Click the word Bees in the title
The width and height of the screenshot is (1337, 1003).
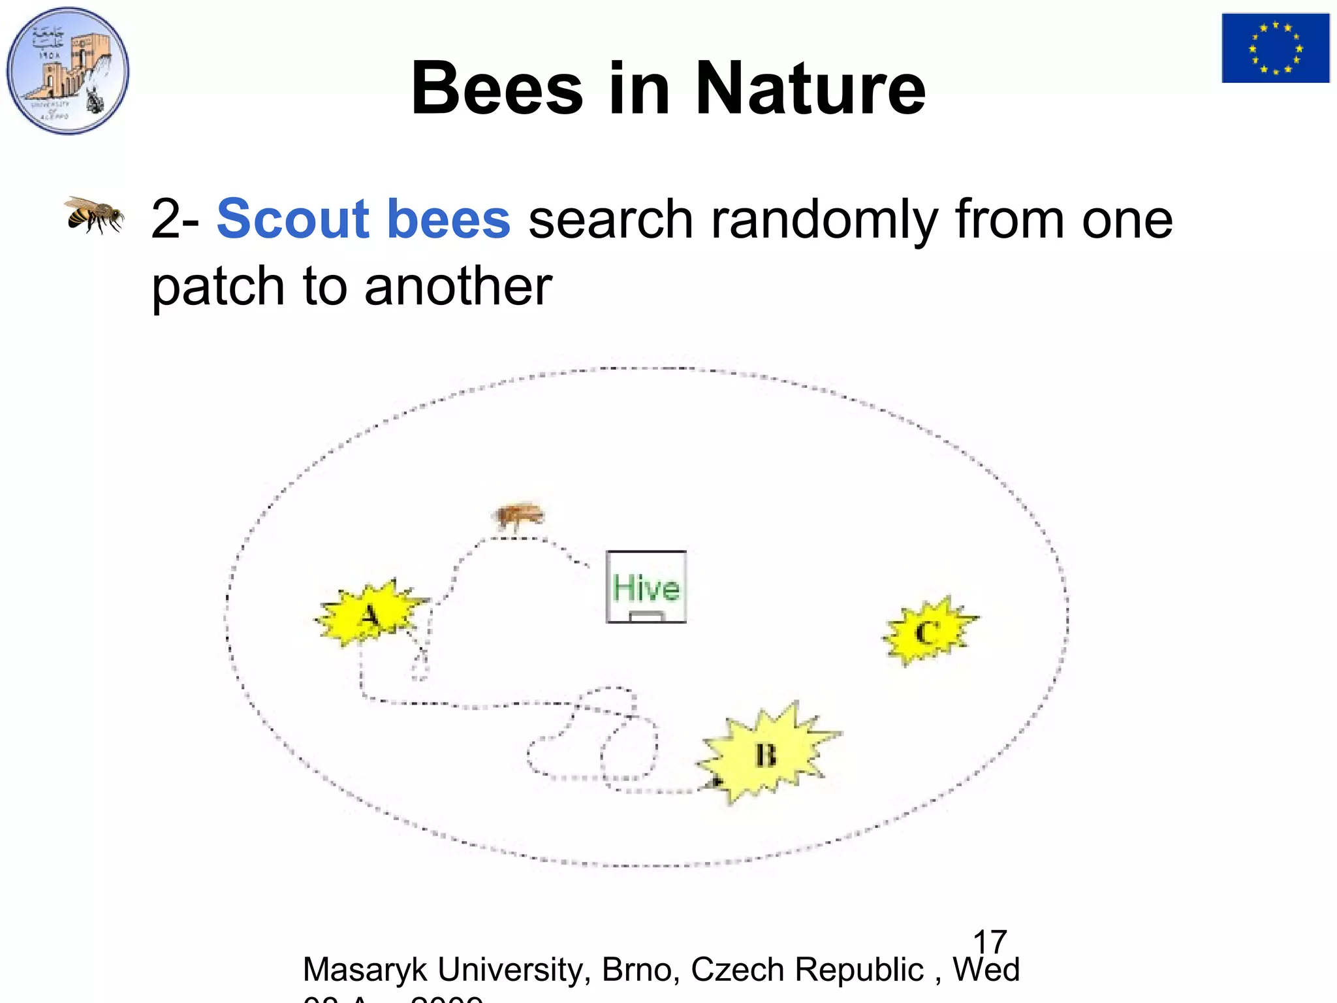(497, 89)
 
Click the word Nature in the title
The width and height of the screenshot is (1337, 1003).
(810, 89)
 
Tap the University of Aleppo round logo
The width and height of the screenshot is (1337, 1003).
(68, 71)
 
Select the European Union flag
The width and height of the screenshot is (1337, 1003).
(1275, 48)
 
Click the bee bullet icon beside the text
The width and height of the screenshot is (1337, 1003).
(94, 215)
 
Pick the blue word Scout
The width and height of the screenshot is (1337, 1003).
(293, 219)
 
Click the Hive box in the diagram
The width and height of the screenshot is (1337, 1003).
(646, 586)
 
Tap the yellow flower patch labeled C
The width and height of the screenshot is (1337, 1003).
(928, 631)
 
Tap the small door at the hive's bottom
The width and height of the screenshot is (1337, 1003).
(646, 616)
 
